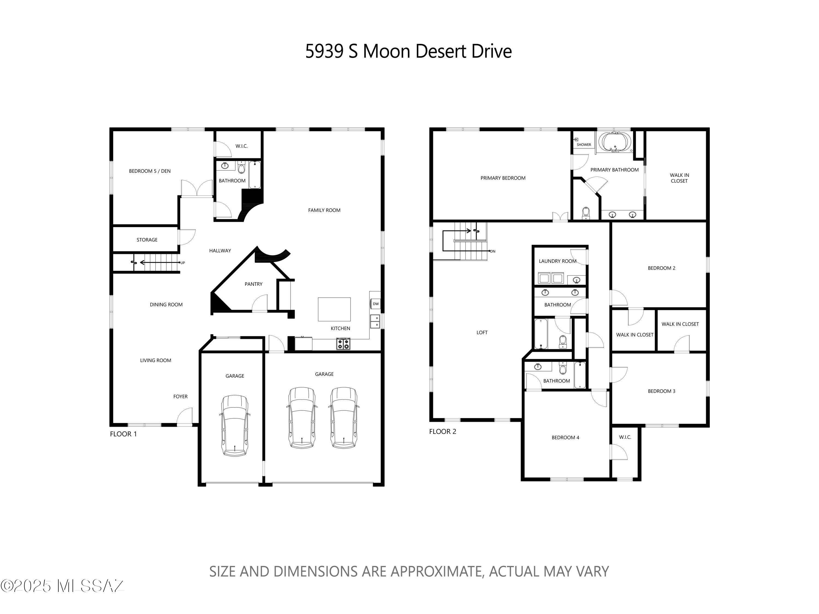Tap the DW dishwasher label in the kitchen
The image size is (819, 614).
375,304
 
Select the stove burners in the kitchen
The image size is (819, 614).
343,344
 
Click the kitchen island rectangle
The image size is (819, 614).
334,309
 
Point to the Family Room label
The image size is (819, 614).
324,210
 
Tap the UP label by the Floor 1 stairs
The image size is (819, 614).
183,263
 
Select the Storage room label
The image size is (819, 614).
147,240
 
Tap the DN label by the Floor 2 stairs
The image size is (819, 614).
492,251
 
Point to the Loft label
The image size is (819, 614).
482,332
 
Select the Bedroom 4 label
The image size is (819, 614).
565,437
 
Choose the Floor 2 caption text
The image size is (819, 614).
443,431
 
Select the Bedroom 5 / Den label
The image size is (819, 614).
150,171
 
